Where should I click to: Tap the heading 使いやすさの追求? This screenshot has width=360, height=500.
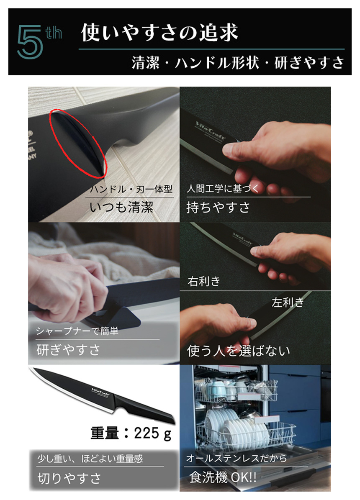point(159,33)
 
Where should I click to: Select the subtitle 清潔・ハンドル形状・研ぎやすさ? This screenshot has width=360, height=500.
point(238,63)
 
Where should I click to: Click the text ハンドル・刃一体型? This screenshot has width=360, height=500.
point(131,189)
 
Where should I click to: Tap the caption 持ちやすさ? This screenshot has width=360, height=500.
point(218,207)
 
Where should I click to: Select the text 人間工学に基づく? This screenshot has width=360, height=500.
point(223,189)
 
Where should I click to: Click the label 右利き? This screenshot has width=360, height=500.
point(204,281)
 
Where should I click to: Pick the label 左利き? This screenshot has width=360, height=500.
point(288,303)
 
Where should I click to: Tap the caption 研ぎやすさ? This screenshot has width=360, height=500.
point(68,349)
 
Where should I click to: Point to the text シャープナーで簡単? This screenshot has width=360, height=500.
point(77,331)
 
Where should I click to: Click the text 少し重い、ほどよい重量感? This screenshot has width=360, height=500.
point(90,459)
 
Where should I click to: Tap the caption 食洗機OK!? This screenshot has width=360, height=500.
point(223,477)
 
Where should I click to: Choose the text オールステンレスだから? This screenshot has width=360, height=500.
point(237,459)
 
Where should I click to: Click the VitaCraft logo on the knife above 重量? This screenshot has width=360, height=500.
point(100,389)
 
